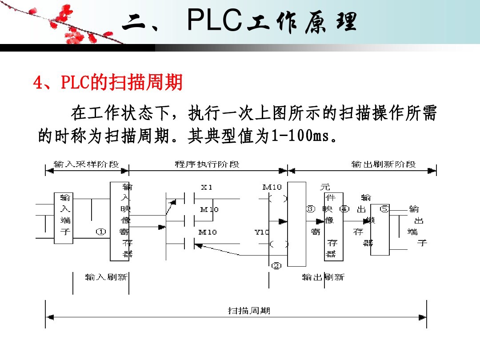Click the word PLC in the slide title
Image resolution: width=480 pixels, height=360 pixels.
coord(215,21)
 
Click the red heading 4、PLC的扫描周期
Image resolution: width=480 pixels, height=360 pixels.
coord(108,83)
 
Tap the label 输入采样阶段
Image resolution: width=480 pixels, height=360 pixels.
coord(86,164)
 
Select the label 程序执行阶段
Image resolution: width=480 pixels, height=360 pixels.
coord(207,164)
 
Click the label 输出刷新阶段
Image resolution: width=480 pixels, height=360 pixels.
coord(384,164)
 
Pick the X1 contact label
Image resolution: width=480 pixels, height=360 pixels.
coord(207,188)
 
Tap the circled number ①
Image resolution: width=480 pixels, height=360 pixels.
coord(101,232)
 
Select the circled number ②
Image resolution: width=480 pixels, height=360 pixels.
coord(276,266)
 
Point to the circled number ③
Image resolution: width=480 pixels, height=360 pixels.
coord(311,208)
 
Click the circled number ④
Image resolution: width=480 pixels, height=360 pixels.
coord(344,208)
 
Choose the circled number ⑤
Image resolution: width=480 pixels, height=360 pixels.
coord(384,208)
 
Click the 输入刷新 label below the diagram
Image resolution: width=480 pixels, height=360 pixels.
coord(106,277)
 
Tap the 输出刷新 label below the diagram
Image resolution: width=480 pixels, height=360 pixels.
coord(323,277)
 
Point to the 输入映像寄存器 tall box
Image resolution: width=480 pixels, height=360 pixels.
coord(120,221)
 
